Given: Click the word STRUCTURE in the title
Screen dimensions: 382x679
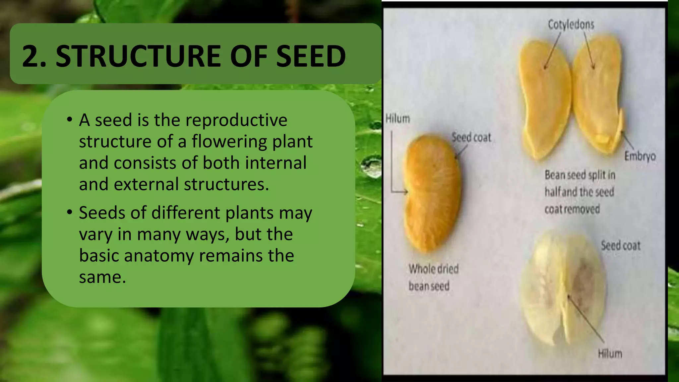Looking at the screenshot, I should (139, 56).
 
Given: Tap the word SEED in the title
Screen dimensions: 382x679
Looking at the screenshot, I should (311, 56).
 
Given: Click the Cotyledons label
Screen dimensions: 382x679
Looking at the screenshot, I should (571, 25).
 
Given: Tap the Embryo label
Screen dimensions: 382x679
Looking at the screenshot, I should (640, 156).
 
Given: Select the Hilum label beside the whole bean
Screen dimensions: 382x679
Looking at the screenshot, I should (398, 119).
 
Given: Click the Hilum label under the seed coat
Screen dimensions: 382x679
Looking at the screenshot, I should (610, 354).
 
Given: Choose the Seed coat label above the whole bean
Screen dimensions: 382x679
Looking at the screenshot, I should (471, 138).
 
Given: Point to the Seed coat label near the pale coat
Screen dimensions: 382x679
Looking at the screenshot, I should (620, 246).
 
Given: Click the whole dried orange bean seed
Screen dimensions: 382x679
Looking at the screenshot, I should (432, 192).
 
